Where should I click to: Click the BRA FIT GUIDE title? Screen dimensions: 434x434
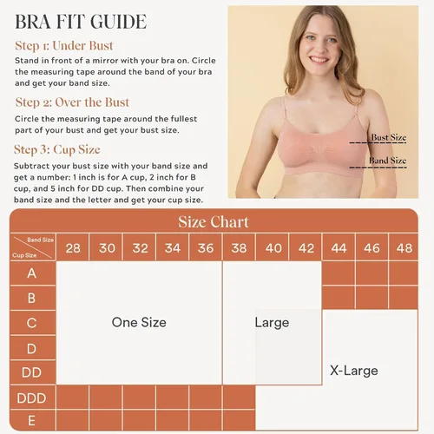tap(81, 22)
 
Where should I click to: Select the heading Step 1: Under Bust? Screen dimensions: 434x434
tap(64, 46)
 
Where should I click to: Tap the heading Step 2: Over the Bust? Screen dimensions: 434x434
tap(72, 102)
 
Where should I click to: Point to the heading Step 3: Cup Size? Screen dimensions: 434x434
tap(57, 150)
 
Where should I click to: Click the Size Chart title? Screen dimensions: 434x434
tap(214, 222)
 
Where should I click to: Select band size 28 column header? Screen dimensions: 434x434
tap(73, 248)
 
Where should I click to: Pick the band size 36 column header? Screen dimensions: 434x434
tap(206, 248)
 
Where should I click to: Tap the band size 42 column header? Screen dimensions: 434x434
tap(306, 248)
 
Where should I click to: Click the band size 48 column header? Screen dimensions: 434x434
tap(404, 248)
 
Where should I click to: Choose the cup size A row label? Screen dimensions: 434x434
tap(32, 273)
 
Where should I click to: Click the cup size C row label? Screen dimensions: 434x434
tap(31, 323)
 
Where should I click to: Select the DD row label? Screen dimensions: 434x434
tap(31, 372)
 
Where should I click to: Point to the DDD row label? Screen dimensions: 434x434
tap(31, 398)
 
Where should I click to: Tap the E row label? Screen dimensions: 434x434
tap(31, 420)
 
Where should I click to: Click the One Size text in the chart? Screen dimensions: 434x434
tap(139, 322)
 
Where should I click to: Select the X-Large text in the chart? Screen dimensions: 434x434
tap(354, 371)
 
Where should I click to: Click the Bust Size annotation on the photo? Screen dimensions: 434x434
tap(389, 137)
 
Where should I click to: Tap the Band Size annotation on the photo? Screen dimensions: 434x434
tap(387, 161)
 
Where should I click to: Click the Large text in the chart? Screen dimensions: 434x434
tap(272, 323)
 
